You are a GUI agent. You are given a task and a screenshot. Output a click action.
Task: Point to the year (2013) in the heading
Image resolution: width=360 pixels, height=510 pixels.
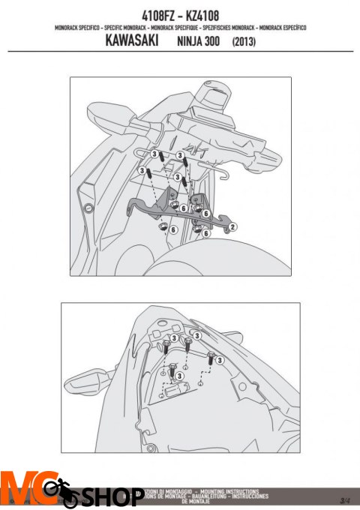coord(244,43)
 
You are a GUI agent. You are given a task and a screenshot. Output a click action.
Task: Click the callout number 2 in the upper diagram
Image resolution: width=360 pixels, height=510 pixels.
coord(233,226)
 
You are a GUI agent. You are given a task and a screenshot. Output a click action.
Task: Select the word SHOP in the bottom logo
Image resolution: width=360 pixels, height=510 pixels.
coord(112,497)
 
